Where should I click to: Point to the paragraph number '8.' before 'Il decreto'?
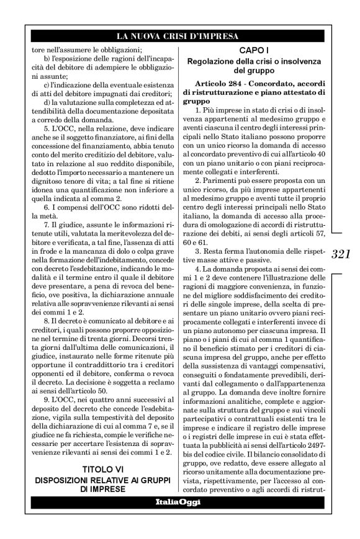coord(48,339)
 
